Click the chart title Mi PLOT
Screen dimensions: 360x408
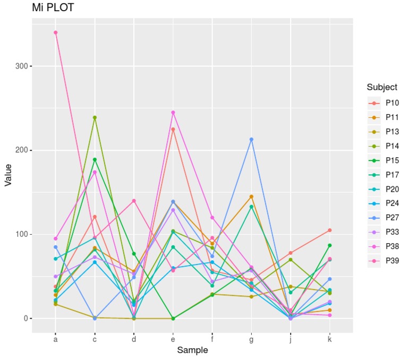point(53,8)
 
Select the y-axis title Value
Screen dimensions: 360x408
point(8,175)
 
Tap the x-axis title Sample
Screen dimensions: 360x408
point(192,350)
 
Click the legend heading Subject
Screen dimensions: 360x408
point(381,87)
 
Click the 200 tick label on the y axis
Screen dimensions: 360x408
point(23,150)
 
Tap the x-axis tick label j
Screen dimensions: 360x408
point(291,339)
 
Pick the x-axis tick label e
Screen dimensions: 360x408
point(173,339)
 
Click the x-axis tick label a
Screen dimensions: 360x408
point(55,339)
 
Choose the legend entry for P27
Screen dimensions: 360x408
point(393,217)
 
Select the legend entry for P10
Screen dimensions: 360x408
point(393,102)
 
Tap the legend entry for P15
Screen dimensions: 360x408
point(393,160)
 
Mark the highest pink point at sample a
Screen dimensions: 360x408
point(55,32)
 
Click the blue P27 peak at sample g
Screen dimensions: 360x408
point(251,139)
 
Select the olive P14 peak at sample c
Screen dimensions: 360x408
point(95,117)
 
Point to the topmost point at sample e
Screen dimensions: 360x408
point(173,113)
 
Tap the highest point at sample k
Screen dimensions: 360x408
point(330,230)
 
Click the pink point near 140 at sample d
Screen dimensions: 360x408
point(134,201)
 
